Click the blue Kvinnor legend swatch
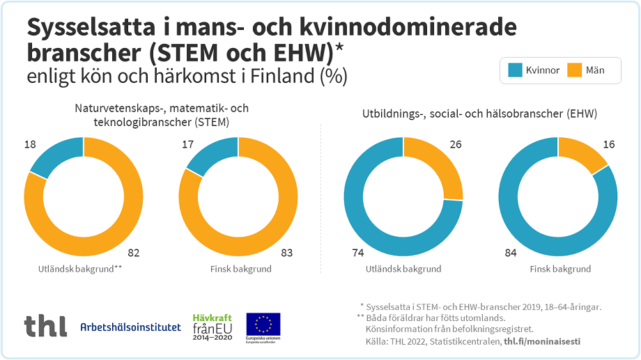click(x=516, y=70)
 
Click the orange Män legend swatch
click(x=574, y=70)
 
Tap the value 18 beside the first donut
click(x=30, y=144)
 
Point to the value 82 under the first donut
click(x=135, y=253)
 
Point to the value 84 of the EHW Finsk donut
click(x=511, y=253)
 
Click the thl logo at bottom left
click(x=46, y=326)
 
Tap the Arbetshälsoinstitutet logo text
click(x=130, y=327)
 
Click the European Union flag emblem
click(x=263, y=324)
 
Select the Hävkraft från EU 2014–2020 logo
click(x=212, y=327)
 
